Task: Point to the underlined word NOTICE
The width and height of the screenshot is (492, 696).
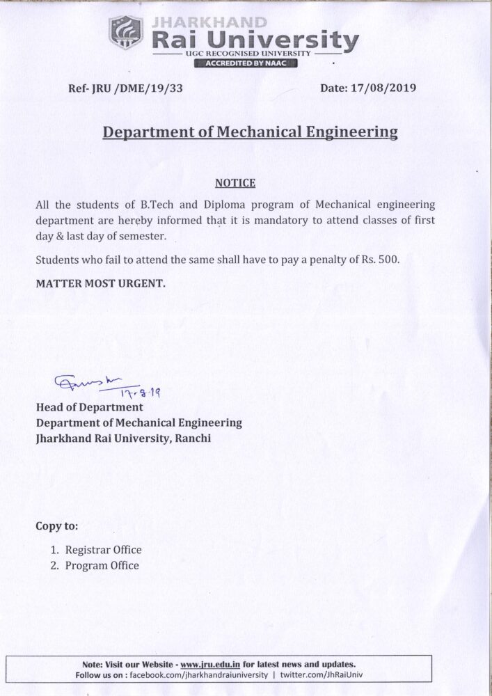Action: tap(236, 184)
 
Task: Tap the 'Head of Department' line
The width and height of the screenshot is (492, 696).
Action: tap(89, 407)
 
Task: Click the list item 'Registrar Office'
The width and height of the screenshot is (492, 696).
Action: tap(103, 549)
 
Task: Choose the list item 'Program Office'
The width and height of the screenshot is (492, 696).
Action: tap(102, 566)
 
